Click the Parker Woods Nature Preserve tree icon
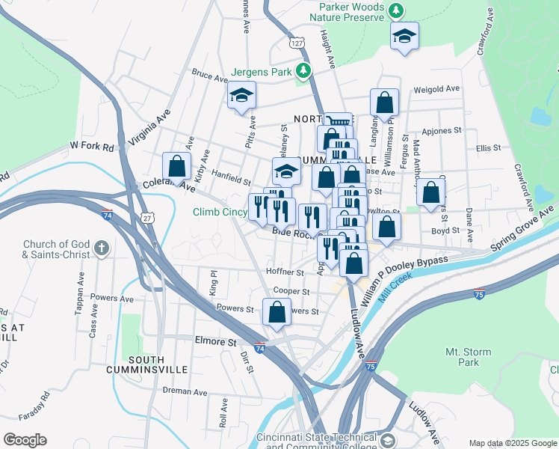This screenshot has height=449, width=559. click(397, 11)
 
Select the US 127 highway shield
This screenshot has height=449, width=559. click(297, 43)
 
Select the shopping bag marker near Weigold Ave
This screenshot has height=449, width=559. click(384, 103)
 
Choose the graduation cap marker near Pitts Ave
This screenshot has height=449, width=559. click(241, 95)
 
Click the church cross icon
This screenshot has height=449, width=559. click(103, 248)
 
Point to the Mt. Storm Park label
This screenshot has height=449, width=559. click(462, 356)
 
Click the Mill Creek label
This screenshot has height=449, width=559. click(394, 287)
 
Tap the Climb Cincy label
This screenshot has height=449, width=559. click(221, 213)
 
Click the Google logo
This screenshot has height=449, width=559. click(25, 439)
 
